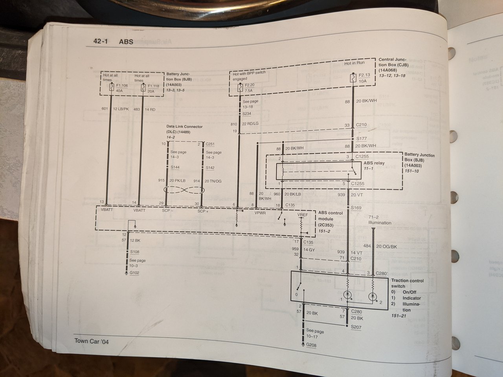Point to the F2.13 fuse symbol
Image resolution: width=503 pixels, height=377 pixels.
click(x=353, y=77)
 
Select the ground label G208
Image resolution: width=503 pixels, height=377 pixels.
click(x=310, y=346)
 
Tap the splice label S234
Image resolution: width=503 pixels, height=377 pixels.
click(x=247, y=113)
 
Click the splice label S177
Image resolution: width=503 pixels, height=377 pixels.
click(x=361, y=139)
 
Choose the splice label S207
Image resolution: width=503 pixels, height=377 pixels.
click(x=356, y=327)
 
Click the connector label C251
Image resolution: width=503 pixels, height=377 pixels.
click(x=210, y=144)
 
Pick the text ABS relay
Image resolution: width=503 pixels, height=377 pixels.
click(x=374, y=163)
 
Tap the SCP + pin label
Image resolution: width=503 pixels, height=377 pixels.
click(x=203, y=210)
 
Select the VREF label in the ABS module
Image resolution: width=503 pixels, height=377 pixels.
click(x=303, y=216)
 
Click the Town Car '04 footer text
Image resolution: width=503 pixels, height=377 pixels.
click(x=92, y=341)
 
